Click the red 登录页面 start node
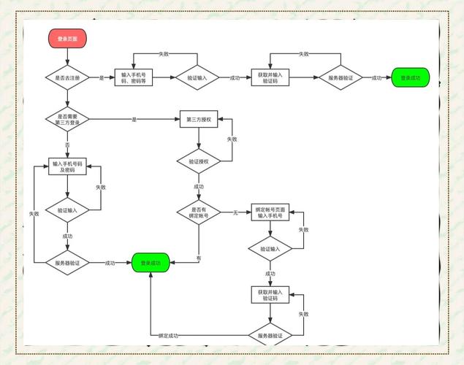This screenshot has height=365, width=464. click(x=67, y=38)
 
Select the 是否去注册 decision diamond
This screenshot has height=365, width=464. click(x=67, y=77)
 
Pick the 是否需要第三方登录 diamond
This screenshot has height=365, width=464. click(x=67, y=118)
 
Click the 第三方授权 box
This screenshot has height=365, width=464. click(x=199, y=118)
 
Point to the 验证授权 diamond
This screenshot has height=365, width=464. click(x=199, y=161)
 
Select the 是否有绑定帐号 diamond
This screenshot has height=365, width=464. click(x=199, y=212)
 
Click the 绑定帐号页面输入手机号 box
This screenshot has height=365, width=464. click(x=270, y=212)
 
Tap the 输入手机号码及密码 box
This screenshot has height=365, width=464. click(x=67, y=166)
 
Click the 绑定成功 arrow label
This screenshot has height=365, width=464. click(x=170, y=335)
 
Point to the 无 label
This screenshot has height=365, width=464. click(x=235, y=212)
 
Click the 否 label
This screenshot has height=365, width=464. click(x=67, y=145)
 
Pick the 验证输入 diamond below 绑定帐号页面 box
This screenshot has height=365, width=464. click(x=270, y=249)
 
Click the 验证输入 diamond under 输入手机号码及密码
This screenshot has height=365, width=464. click(x=67, y=210)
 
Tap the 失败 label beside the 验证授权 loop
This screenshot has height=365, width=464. click(x=232, y=139)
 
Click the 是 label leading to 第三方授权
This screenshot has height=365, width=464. click(x=134, y=118)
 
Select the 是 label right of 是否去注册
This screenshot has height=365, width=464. click(x=102, y=77)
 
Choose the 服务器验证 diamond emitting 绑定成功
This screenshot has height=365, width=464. click(x=270, y=335)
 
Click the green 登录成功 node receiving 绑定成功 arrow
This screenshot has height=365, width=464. click(x=151, y=263)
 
